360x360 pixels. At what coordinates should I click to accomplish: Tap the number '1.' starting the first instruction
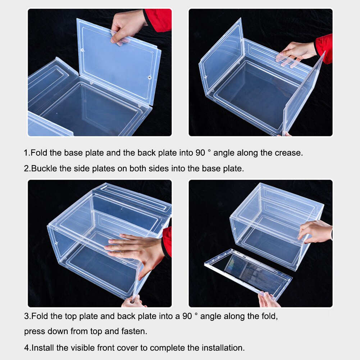tap(27, 153)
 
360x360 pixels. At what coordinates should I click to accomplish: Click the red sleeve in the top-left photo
tap(158, 20)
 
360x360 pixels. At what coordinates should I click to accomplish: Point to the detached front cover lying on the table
tap(248, 272)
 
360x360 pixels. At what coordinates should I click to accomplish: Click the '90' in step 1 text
tap(200, 153)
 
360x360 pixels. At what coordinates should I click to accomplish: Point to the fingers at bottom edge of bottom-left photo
tap(133, 302)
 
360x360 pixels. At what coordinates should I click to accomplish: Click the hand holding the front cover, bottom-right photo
tap(268, 300)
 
